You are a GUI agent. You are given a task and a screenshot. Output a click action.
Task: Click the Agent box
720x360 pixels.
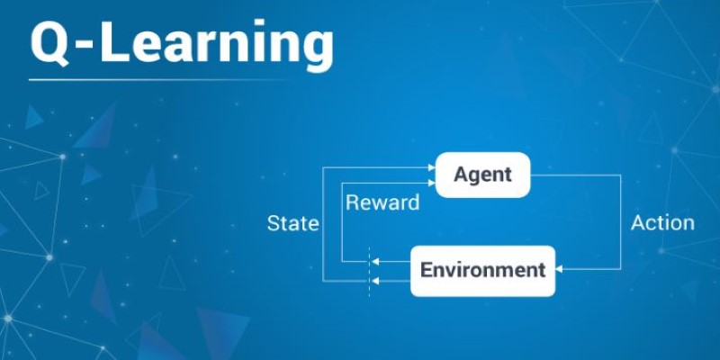(x=482, y=175)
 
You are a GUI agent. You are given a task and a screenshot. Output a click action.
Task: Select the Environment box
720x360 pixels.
(x=482, y=271)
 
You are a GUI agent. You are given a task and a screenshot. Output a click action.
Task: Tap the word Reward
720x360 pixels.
(x=382, y=202)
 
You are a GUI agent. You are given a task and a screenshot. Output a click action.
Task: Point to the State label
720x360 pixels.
(x=293, y=223)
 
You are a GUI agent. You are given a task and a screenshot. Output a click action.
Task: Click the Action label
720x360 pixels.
(x=662, y=222)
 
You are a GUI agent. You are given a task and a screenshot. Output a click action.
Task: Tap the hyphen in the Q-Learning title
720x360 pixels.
(x=85, y=47)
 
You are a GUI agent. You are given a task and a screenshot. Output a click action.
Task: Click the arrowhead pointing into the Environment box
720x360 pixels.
(x=559, y=269)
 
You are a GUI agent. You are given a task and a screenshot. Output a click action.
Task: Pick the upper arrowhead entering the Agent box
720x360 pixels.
(x=432, y=167)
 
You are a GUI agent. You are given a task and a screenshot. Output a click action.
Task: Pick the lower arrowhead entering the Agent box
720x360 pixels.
(x=432, y=183)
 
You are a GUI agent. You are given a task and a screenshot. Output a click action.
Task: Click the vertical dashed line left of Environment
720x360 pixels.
(x=369, y=272)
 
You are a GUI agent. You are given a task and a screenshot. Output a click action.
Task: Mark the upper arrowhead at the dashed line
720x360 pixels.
(x=374, y=262)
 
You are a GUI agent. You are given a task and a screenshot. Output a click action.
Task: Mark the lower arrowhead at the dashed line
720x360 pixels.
(x=374, y=281)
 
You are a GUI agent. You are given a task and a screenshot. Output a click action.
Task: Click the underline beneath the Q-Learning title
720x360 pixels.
(x=158, y=80)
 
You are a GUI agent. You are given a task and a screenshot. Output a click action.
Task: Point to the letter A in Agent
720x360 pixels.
(x=462, y=175)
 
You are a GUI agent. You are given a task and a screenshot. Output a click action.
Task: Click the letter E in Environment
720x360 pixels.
(x=426, y=269)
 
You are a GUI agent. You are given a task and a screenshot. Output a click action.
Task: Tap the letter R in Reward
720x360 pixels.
(x=352, y=202)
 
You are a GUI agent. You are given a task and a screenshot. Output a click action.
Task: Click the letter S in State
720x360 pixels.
(x=274, y=223)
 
